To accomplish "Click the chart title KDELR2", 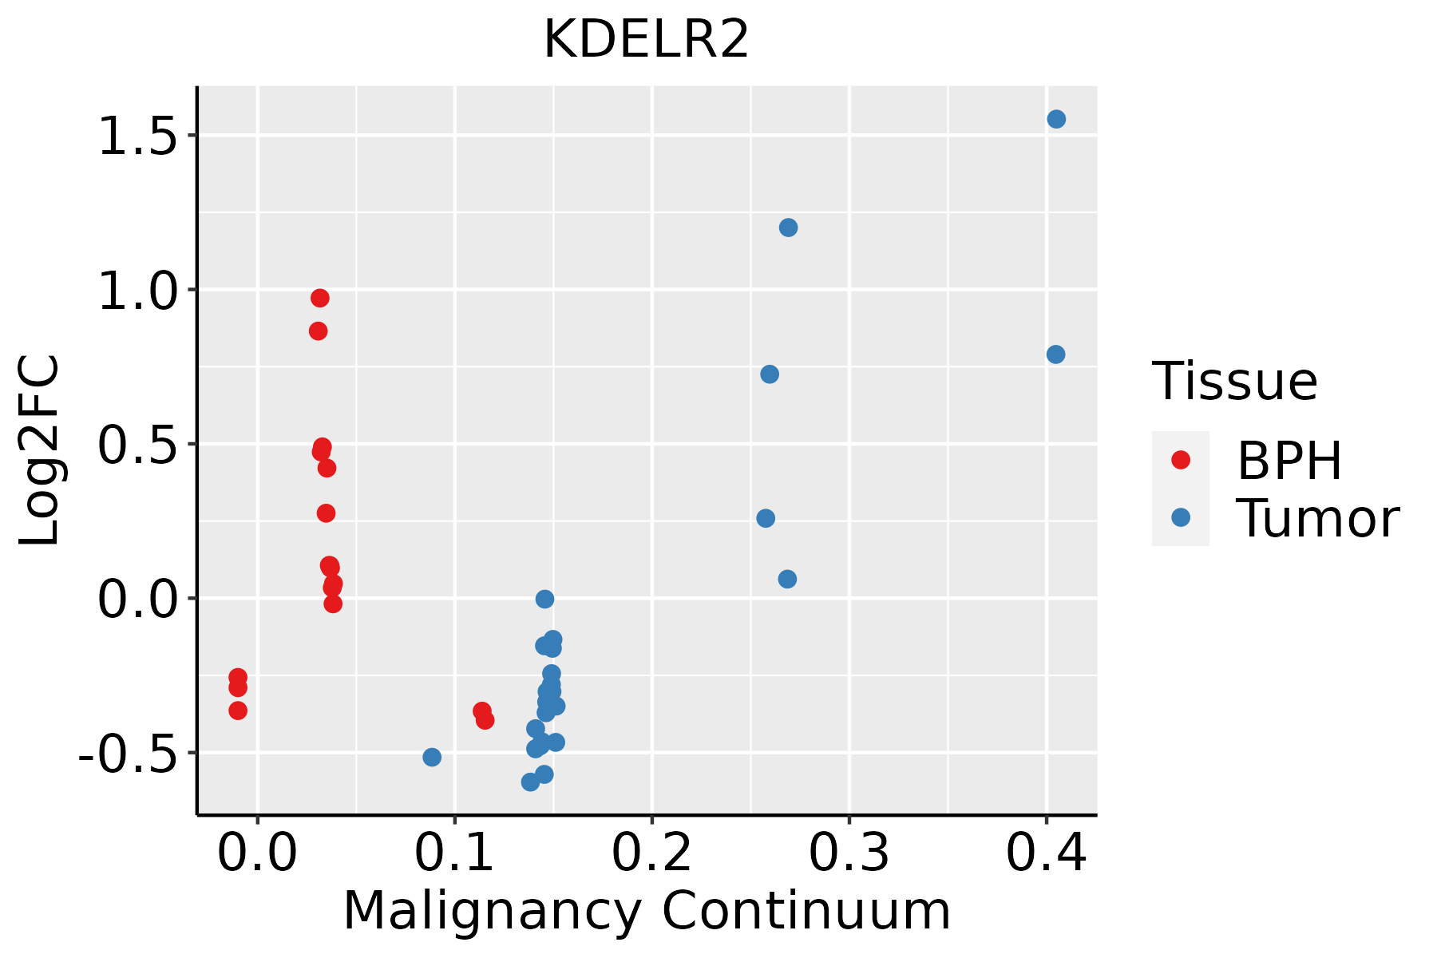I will [x=646, y=40].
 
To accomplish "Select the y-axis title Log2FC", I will [x=40, y=451].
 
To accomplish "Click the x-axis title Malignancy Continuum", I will [x=647, y=911].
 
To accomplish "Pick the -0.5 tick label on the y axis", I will [x=136, y=754].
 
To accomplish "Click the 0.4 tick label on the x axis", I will [x=1046, y=853].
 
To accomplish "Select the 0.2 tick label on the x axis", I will [x=651, y=853].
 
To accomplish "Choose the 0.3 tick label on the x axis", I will [x=849, y=853].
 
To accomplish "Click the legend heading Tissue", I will [x=1235, y=382].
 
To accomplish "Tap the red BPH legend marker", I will [x=1180, y=460].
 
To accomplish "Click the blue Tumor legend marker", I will [x=1180, y=517].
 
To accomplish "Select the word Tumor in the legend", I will [x=1317, y=519].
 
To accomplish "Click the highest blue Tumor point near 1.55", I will [x=1056, y=120].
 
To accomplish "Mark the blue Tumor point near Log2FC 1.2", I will [x=788, y=228].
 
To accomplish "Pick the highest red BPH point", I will [x=320, y=299].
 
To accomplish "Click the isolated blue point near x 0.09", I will [x=432, y=757].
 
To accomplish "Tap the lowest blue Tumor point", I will [x=530, y=782].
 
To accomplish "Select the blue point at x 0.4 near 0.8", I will [x=1055, y=354].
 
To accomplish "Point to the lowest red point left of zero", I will [x=238, y=711].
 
